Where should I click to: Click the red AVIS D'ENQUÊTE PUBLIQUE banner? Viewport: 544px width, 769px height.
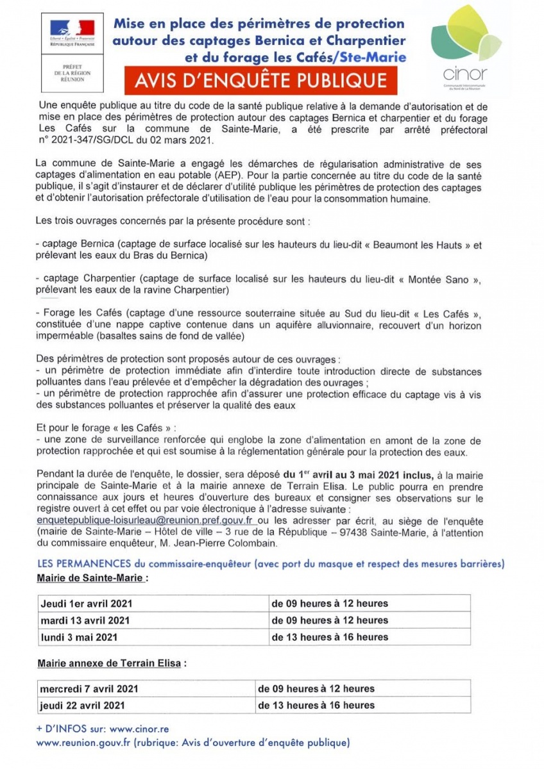click(x=261, y=80)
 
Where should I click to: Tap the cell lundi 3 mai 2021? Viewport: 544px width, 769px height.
click(x=79, y=637)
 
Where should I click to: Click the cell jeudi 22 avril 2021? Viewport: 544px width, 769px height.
click(x=82, y=705)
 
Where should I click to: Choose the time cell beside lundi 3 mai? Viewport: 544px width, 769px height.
click(x=330, y=637)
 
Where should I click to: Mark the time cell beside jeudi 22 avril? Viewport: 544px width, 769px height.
click(x=316, y=705)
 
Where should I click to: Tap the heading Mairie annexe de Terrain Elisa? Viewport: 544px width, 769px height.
click(x=110, y=663)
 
